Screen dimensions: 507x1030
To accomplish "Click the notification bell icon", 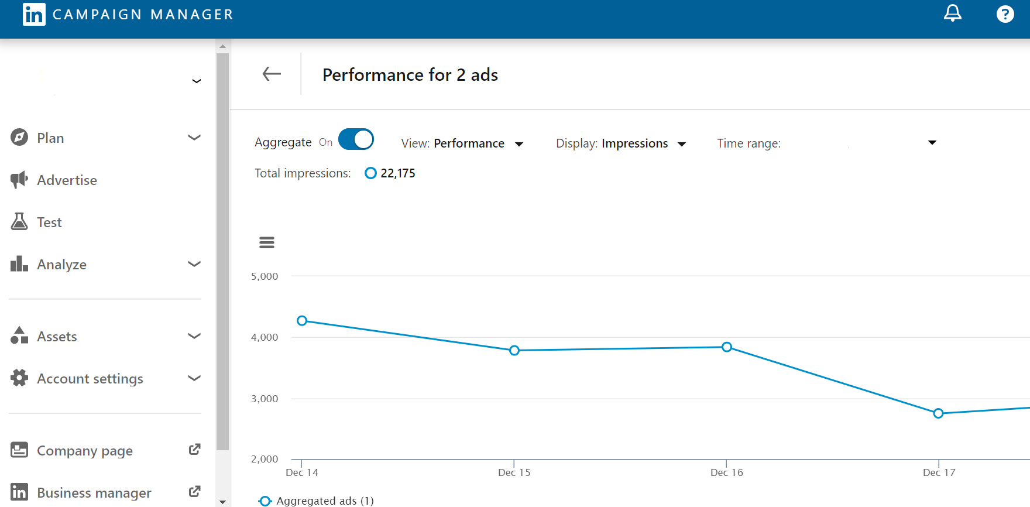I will click(x=952, y=13).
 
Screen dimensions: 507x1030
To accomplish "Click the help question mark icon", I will click(x=1005, y=13).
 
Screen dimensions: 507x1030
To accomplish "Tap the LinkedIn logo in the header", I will click(x=34, y=14).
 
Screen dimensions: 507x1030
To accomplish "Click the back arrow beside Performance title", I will click(x=272, y=74).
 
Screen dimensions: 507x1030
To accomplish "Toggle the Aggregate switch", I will click(x=356, y=139).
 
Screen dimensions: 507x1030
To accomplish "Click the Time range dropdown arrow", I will click(x=932, y=143).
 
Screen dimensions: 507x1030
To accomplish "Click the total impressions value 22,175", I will click(x=397, y=173).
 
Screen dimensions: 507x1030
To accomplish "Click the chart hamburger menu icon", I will click(x=267, y=242).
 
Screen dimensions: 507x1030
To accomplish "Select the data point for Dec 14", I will click(x=302, y=321).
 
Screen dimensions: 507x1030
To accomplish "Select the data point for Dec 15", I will click(x=514, y=351).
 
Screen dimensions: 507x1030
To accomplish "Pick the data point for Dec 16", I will click(x=727, y=347).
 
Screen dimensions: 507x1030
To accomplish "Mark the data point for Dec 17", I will click(x=939, y=413).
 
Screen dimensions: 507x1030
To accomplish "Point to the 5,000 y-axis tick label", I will click(x=265, y=276).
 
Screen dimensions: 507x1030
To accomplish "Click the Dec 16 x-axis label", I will click(x=727, y=472).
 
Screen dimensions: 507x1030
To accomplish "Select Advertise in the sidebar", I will click(x=67, y=180).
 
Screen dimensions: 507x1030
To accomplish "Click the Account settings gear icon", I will click(x=19, y=378).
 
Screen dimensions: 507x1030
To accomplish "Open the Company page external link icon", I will click(x=194, y=450).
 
